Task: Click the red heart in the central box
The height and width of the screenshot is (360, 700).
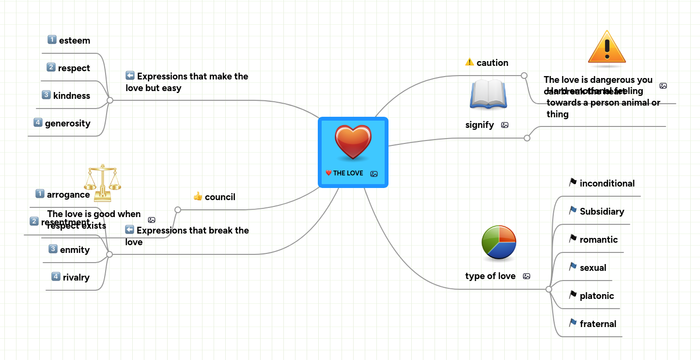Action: (353, 142)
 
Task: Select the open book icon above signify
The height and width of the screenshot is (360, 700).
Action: (488, 94)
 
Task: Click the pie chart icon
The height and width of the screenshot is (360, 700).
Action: (499, 242)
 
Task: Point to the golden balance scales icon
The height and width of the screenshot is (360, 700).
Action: (102, 182)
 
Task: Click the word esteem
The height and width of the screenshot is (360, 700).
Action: (75, 41)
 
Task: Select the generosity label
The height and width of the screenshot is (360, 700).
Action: (68, 124)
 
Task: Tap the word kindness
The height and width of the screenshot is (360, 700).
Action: (72, 96)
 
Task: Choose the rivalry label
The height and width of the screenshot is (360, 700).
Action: (76, 278)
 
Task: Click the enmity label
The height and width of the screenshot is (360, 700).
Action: (75, 250)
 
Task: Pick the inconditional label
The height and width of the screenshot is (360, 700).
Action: (607, 184)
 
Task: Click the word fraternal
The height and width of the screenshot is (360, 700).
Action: (598, 324)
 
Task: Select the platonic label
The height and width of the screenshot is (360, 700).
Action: (597, 296)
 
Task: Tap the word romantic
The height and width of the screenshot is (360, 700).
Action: (599, 240)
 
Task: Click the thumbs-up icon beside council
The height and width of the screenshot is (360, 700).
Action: (198, 196)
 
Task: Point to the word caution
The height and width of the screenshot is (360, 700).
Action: (492, 63)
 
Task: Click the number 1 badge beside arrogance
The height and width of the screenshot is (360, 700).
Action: (40, 194)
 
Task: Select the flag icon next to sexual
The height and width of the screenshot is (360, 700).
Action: (573, 267)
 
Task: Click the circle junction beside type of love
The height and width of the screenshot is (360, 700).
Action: (549, 289)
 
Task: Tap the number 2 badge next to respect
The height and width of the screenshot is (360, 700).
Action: (51, 67)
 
